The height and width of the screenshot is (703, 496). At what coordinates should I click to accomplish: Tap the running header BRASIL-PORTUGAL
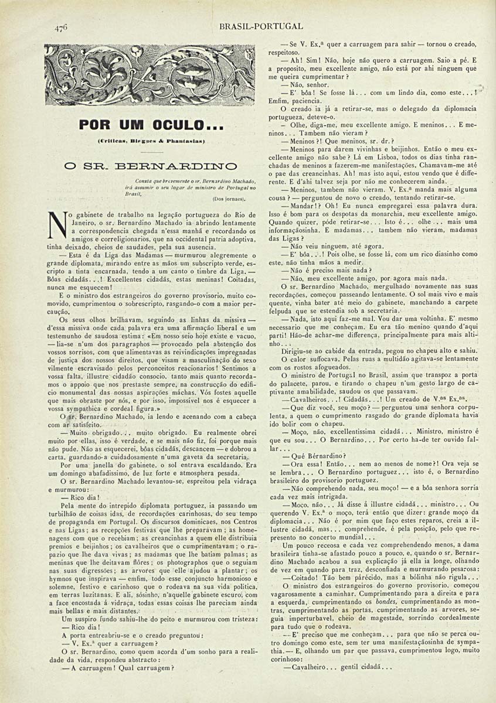(x=261, y=26)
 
